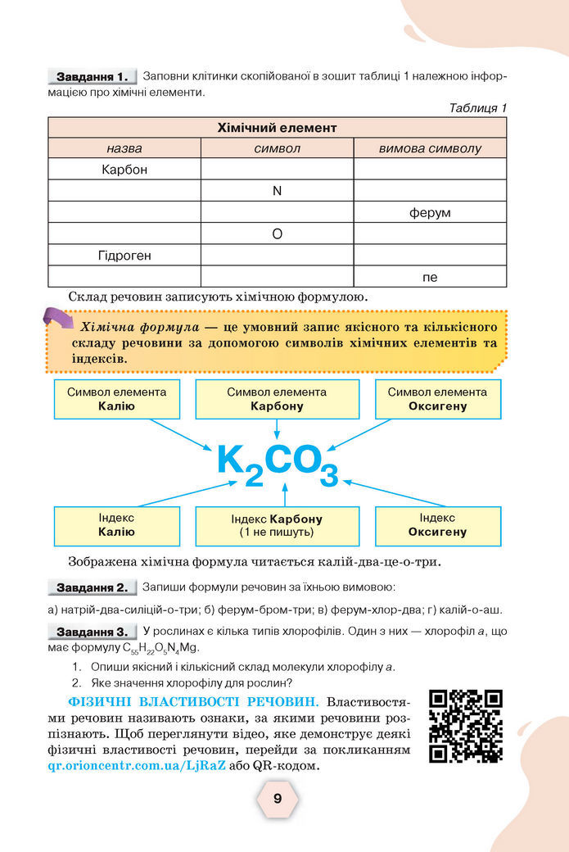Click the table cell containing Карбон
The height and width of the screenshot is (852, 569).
[124, 170]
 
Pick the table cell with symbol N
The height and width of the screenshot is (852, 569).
[277, 191]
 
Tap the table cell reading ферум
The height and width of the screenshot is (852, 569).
[430, 213]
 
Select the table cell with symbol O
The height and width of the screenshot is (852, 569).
[277, 234]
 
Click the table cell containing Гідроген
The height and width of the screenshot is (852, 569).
[124, 256]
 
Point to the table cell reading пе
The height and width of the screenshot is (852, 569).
[430, 277]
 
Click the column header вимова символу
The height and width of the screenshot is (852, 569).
[430, 148]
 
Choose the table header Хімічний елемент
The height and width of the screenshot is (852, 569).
[277, 128]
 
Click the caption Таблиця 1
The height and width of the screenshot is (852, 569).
[478, 107]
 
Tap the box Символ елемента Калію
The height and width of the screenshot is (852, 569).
[116, 399]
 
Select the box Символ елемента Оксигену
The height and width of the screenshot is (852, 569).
[437, 399]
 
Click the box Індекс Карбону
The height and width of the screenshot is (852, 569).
[277, 526]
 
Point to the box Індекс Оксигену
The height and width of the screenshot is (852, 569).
[437, 525]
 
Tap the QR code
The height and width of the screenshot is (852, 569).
[465, 726]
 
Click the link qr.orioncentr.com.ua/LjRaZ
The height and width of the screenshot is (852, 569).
[137, 767]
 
